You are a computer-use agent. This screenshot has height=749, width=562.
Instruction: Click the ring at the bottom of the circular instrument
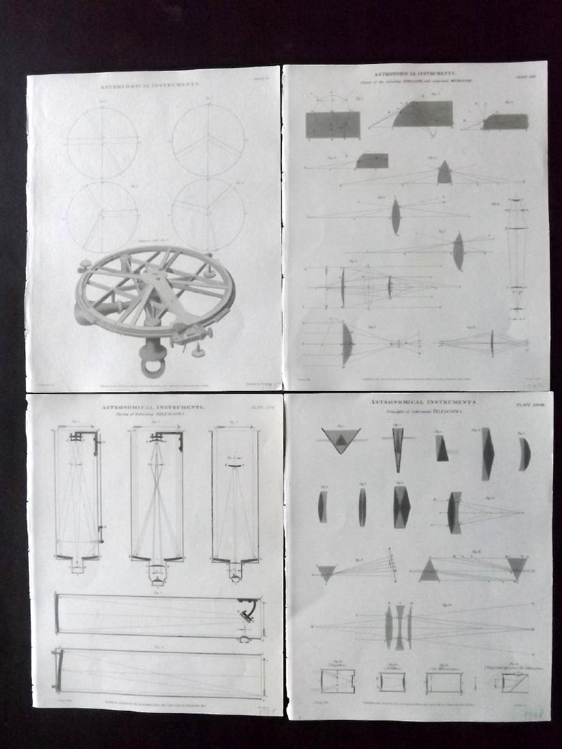click(x=152, y=367)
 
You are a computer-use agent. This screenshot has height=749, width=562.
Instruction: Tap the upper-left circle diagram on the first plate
click(x=103, y=142)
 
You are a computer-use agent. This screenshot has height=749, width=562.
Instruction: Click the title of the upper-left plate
click(x=151, y=86)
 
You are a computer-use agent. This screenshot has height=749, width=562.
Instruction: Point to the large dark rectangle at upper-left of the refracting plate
click(x=333, y=125)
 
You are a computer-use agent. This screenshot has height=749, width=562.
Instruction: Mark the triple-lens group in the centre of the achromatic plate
click(x=399, y=626)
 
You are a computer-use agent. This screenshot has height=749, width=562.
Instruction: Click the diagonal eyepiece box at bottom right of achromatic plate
click(x=514, y=681)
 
